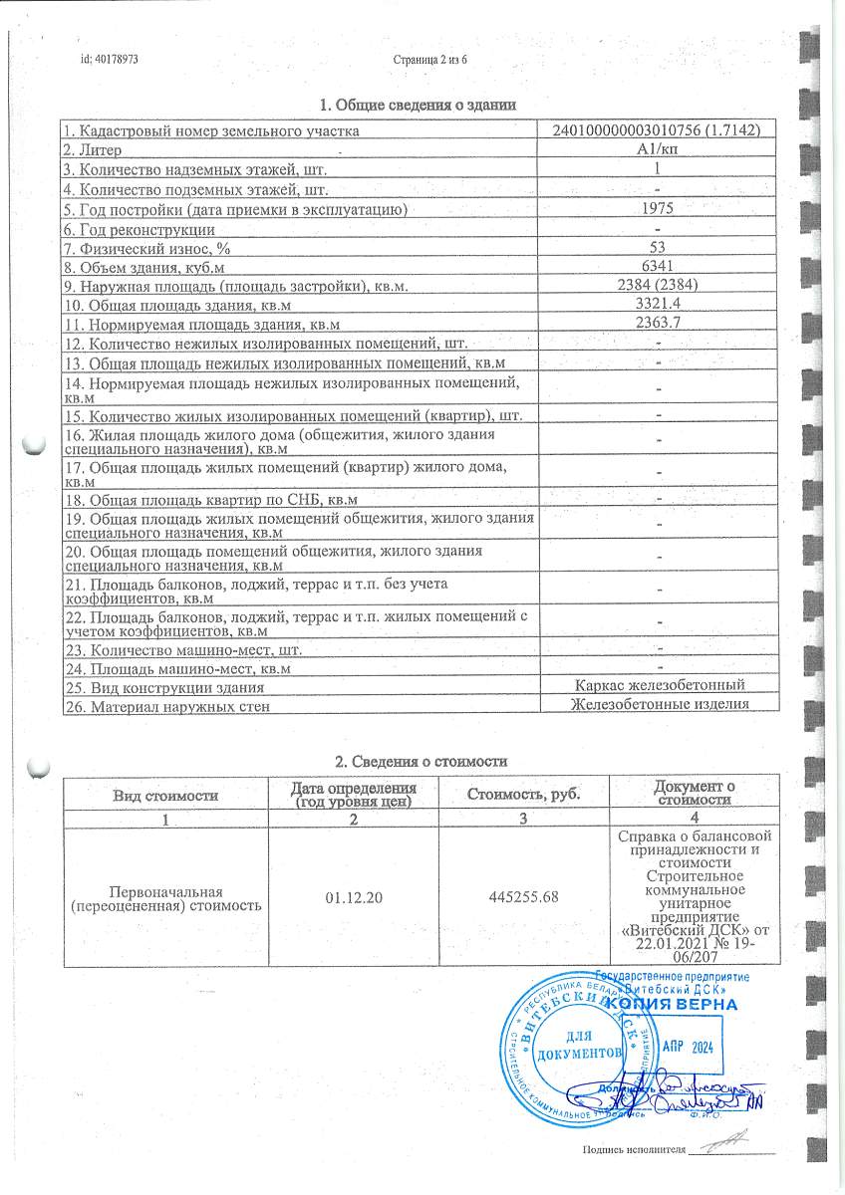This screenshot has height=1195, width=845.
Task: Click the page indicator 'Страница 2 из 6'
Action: pos(430,60)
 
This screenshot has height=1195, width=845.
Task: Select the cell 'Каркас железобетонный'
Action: pos(660,685)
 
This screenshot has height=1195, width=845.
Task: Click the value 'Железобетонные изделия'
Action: pos(660,704)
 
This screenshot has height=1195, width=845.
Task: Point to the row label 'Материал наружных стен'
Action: pos(165,706)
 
